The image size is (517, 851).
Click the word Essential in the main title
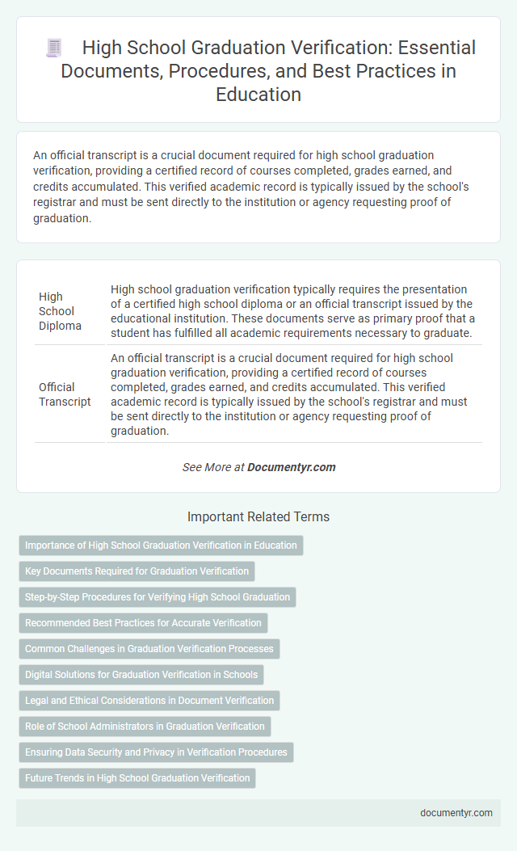tap(434, 48)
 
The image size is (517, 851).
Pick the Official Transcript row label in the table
tap(65, 394)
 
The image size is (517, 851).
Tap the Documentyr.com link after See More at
tap(291, 467)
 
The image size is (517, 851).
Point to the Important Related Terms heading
tap(258, 516)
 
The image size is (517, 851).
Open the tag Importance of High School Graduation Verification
tap(161, 546)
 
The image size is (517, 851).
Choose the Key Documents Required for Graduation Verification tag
tap(137, 571)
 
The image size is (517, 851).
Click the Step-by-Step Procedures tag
tap(158, 597)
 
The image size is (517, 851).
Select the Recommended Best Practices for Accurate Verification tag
tap(143, 623)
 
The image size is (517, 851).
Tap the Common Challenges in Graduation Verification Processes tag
tap(149, 649)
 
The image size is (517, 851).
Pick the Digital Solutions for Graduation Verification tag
tap(141, 675)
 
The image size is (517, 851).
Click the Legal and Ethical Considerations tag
tap(149, 701)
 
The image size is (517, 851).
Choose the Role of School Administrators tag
tap(145, 727)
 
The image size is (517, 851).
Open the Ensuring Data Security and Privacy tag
tap(156, 752)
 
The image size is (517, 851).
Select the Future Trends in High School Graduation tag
tap(137, 778)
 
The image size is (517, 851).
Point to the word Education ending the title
tap(258, 95)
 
